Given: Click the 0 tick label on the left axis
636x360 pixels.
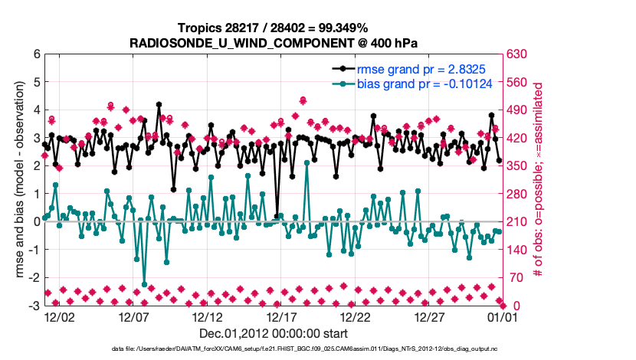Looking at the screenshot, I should click(36, 222).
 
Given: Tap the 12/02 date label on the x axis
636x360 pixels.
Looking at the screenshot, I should click(59, 316).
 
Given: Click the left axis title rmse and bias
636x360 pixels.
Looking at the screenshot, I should click(15, 180).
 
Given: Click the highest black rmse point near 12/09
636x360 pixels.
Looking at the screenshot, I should click(159, 104).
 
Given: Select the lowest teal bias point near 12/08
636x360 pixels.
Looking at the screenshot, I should click(144, 284).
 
